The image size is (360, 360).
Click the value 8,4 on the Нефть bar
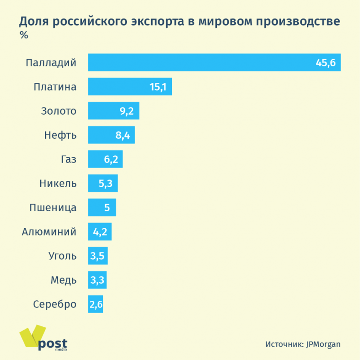pos(123,135)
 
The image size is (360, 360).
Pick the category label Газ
pos(68,160)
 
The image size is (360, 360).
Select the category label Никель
pos(58,183)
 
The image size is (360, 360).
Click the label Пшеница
pos(53,207)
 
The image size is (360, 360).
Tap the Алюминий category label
pos(49,232)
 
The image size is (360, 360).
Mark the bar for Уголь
pos(98,256)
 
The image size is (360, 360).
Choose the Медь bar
pos(98,280)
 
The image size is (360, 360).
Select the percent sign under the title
pos(23,35)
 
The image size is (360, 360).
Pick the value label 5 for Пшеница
pos(107,207)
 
